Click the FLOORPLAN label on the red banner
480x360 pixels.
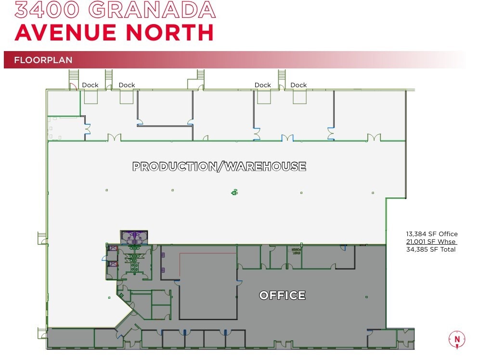[x=43, y=60]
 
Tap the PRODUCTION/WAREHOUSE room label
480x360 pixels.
[x=219, y=167]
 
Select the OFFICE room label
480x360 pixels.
[x=282, y=295]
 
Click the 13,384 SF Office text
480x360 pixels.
[x=431, y=234]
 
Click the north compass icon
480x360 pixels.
[x=456, y=339]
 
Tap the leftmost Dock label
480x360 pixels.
[x=90, y=85]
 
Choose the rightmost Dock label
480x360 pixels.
[x=298, y=85]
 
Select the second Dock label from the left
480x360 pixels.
[x=127, y=85]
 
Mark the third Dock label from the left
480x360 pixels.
[x=263, y=85]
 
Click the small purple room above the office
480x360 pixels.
[x=134, y=236]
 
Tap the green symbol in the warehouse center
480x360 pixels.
[x=234, y=192]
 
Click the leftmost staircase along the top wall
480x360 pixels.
[x=74, y=76]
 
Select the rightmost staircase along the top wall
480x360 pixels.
[x=282, y=76]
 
